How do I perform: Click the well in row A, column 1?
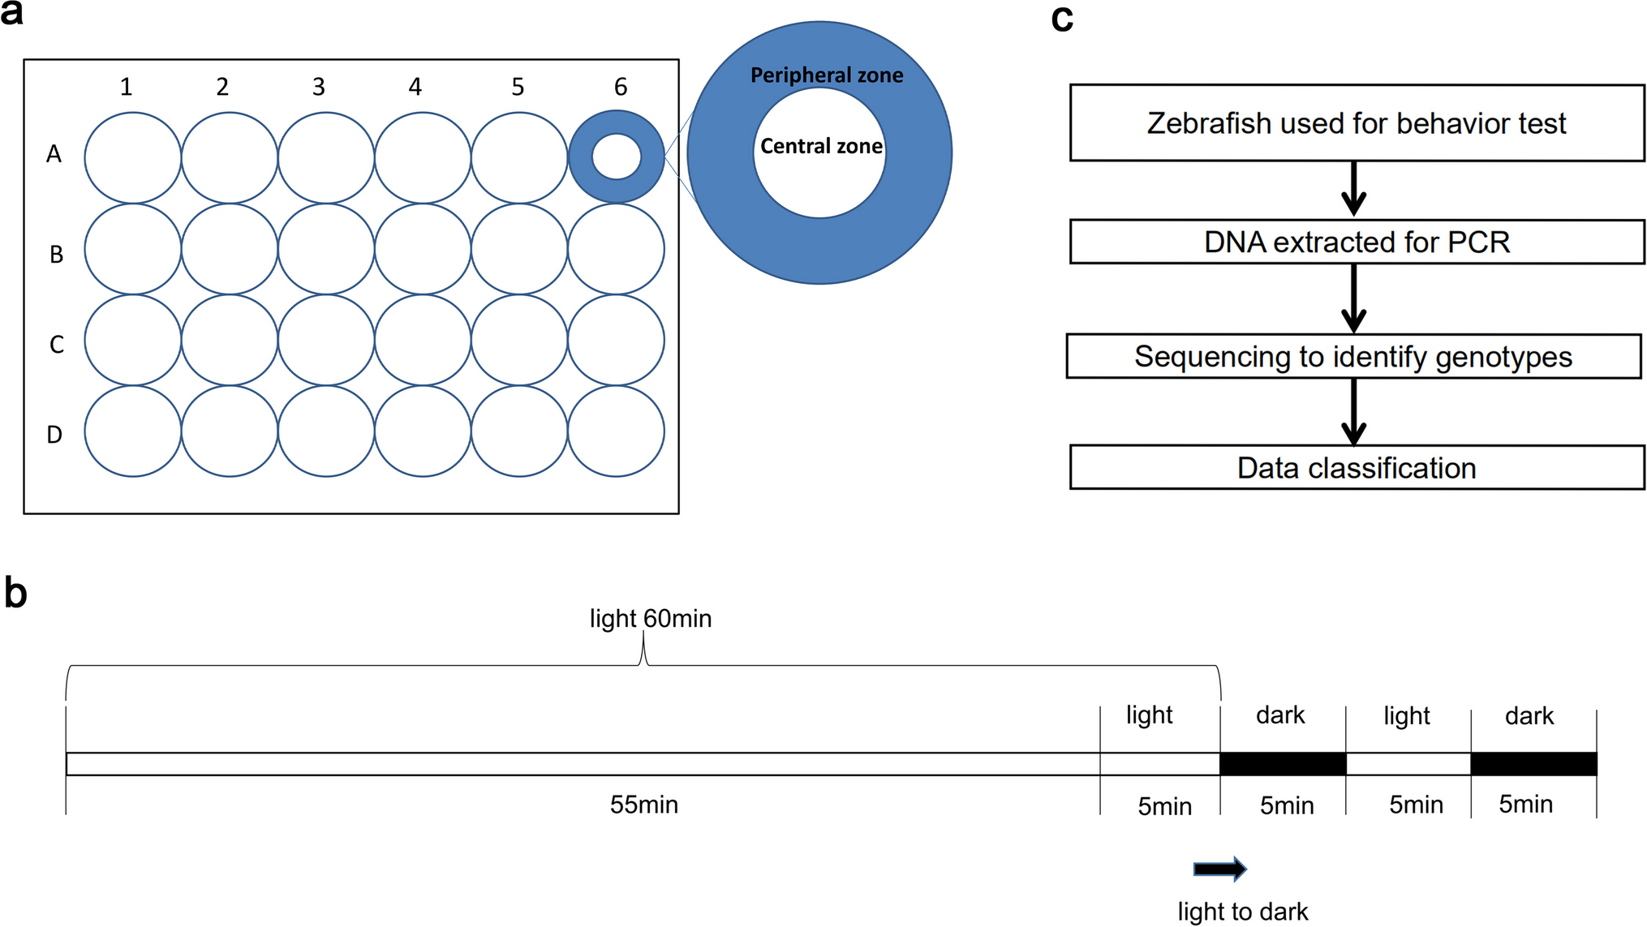(132, 157)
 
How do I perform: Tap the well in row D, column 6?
(616, 431)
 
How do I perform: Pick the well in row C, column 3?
(326, 340)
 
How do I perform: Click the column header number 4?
(415, 87)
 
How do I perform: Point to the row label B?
(56, 255)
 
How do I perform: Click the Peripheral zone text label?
(826, 75)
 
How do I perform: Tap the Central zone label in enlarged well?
(820, 146)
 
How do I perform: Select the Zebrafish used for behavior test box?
(1356, 123)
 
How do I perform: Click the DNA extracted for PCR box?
(1356, 242)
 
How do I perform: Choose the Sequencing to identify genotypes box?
(1352, 356)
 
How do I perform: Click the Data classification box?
(1356, 467)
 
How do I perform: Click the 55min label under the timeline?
(643, 805)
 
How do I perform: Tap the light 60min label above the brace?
(650, 619)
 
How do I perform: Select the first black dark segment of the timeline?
(1282, 764)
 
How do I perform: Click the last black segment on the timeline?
(1533, 764)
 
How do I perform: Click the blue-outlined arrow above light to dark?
(1219, 869)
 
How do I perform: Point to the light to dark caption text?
(1242, 912)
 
